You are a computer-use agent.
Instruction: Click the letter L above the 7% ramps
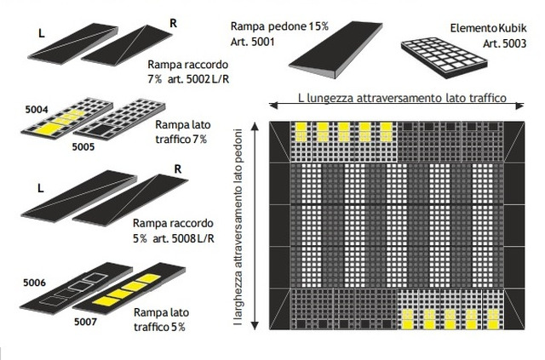41,35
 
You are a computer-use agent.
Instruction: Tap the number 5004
35,108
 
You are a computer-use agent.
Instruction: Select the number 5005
83,146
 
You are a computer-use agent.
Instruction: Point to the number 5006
35,281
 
